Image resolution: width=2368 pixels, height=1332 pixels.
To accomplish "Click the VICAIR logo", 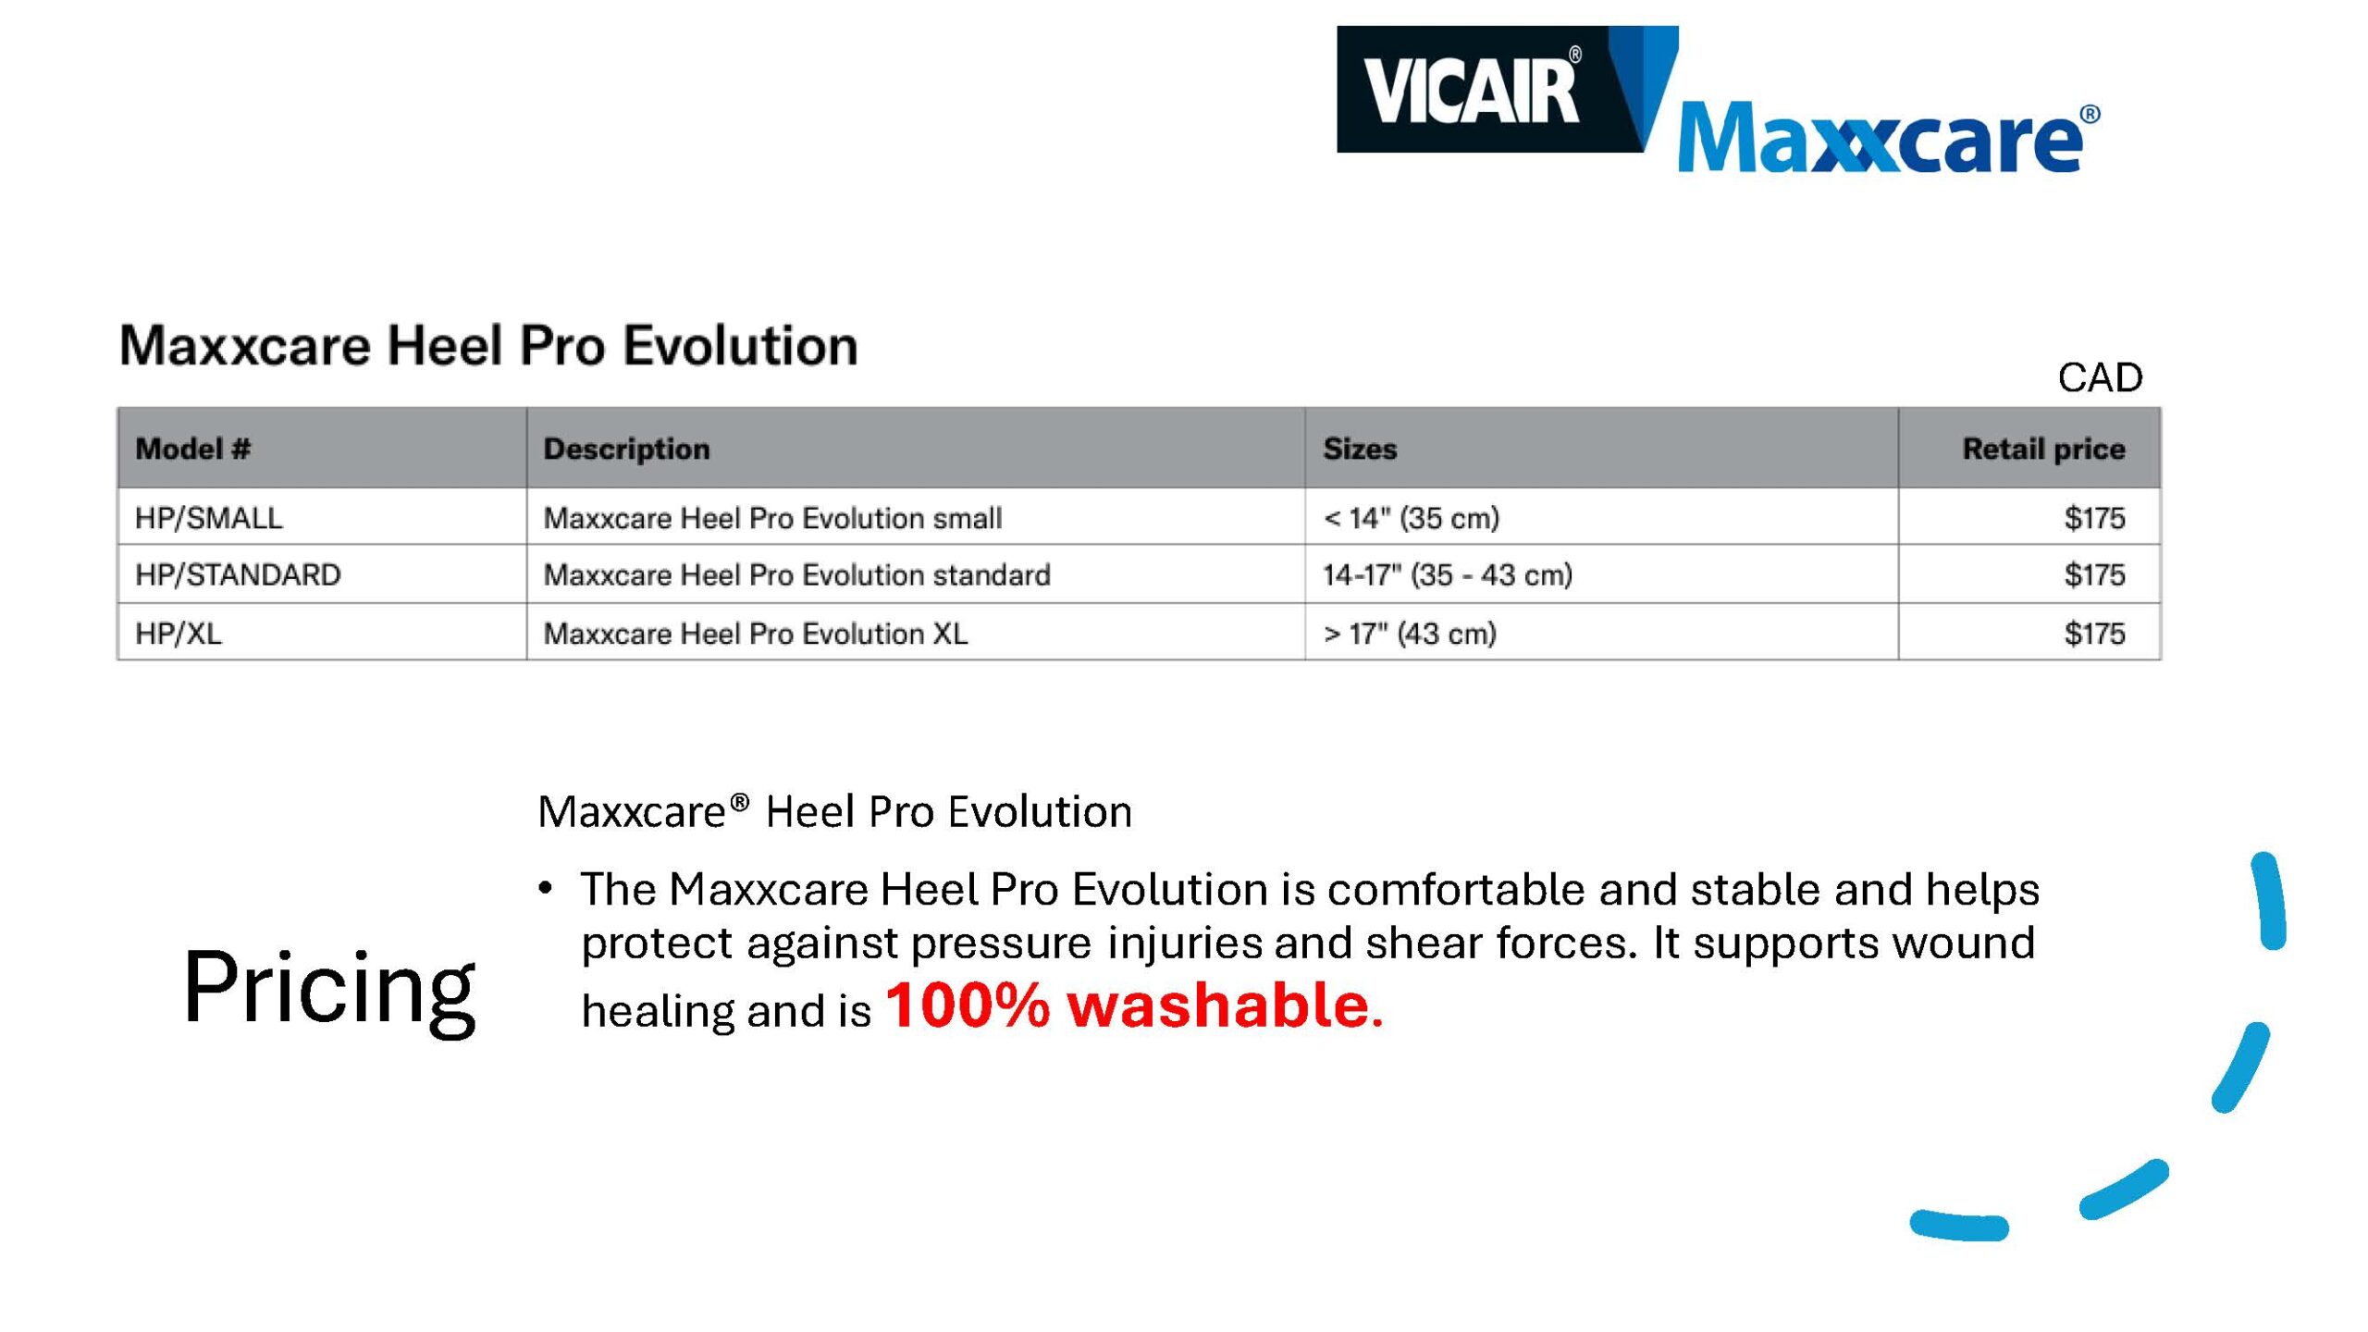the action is click(x=1489, y=89).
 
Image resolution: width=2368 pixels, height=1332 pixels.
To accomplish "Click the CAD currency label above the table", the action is click(x=2100, y=377).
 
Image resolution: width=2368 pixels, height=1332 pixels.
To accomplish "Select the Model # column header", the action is click(x=192, y=449).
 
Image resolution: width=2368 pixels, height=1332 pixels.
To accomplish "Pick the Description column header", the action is click(x=626, y=449).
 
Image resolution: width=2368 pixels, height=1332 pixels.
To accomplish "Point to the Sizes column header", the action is click(x=1360, y=449).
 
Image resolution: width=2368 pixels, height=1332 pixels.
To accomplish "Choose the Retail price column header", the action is click(x=2043, y=449).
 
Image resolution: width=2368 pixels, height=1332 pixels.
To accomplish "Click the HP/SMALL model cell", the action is click(x=208, y=518).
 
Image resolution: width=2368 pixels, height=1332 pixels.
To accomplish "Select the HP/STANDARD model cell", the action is click(x=238, y=574).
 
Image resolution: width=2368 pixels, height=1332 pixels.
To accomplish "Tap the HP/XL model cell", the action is click(x=179, y=634).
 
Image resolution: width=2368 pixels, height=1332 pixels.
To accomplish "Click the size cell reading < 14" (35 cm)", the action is click(x=1411, y=518).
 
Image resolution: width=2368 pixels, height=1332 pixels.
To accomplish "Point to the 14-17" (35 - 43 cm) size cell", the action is click(x=1448, y=574).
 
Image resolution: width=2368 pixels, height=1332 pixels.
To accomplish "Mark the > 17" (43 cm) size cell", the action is click(x=1410, y=634).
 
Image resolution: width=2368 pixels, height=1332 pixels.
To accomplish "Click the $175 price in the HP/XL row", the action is click(x=2095, y=634).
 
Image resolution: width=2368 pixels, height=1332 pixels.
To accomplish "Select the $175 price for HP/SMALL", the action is click(x=2095, y=518).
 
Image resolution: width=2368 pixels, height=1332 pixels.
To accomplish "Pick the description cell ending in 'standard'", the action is click(x=796, y=574).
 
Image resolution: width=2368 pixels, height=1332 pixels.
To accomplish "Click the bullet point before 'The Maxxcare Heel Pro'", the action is click(x=546, y=889).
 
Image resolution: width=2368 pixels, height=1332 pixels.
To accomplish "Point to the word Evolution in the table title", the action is click(x=740, y=346).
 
